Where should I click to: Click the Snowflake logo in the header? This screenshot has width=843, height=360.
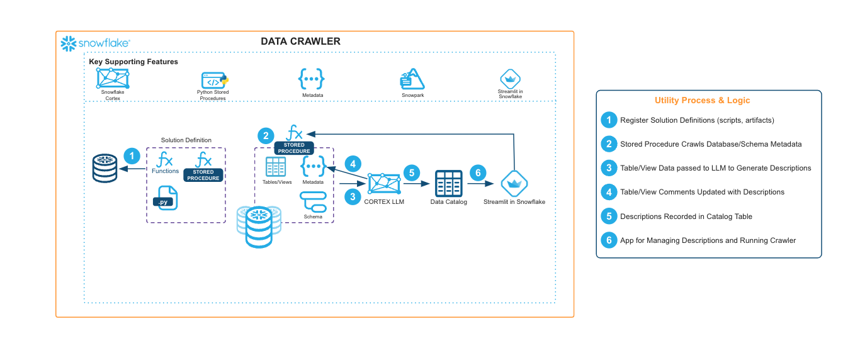click(95, 43)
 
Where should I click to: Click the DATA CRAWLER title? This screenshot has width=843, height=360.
click(300, 42)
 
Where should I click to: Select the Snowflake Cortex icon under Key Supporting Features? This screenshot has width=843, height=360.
click(112, 78)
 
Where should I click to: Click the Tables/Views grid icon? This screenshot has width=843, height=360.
click(276, 167)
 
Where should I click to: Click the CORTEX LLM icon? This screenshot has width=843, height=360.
click(383, 184)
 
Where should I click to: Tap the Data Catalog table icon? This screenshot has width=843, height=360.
click(449, 184)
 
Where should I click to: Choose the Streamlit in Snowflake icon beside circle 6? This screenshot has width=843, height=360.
click(514, 184)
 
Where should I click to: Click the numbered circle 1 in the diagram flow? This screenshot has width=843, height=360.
click(131, 156)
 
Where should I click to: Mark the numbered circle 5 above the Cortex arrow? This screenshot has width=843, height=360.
click(411, 172)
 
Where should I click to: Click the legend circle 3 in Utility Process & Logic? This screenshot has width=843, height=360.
click(608, 168)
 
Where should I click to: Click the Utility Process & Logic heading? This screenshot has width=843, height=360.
click(702, 100)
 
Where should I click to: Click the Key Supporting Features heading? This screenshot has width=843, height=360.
click(133, 62)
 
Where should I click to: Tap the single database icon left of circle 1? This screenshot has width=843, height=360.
click(105, 168)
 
